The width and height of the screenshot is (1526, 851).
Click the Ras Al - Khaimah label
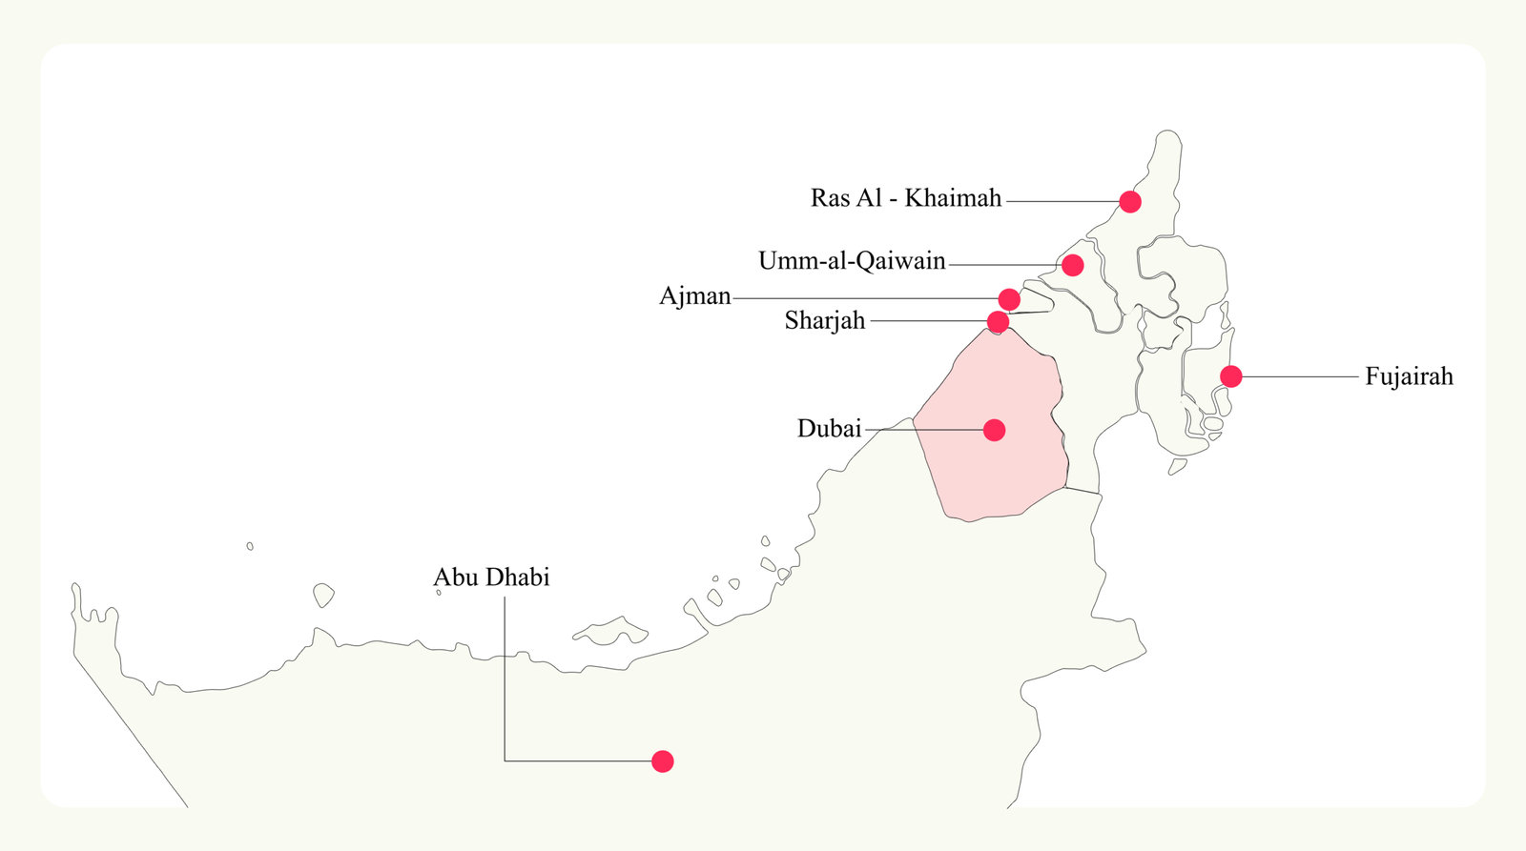[905, 198]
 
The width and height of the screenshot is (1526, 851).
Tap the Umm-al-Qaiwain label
[852, 261]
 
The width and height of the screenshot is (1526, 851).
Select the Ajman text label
[694, 296]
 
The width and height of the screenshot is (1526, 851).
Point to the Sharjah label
[825, 321]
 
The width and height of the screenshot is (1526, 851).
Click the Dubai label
[829, 429]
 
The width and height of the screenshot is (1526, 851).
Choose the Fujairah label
[1409, 376]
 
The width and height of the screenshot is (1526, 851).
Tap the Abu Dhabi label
[491, 577]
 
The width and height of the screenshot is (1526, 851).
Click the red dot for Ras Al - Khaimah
[1130, 201]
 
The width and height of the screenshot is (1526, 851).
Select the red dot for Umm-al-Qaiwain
[1072, 265]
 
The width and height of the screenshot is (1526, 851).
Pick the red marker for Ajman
[1009, 300]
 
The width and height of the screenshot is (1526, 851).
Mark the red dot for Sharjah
[998, 322]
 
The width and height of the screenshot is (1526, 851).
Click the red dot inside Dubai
[994, 430]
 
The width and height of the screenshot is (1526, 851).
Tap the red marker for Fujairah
[1231, 376]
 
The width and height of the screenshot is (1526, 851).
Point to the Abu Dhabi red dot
[663, 761]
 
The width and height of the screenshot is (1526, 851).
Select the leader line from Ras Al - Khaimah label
[1061, 201]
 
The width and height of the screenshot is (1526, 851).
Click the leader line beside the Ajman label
[858, 298]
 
